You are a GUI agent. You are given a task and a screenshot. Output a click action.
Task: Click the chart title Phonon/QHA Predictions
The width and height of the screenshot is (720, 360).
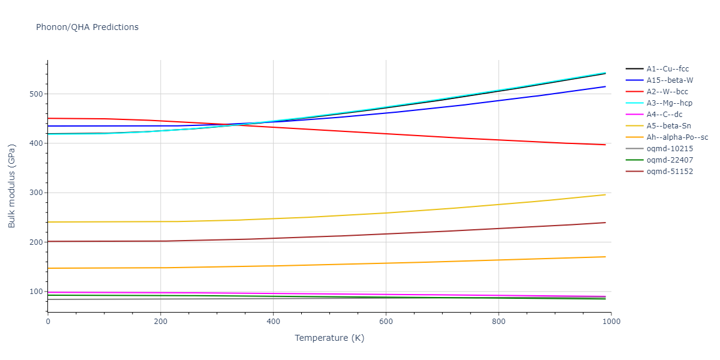tap(87, 27)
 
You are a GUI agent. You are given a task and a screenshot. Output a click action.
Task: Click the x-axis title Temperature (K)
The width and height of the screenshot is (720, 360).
tap(329, 338)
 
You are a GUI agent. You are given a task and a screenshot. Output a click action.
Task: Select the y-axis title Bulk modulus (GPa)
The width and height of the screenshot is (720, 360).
tap(12, 185)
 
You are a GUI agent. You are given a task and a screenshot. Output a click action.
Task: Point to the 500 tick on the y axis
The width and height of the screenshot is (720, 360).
tap(35, 94)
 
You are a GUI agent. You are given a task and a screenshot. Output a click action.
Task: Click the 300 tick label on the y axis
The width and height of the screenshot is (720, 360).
tap(35, 193)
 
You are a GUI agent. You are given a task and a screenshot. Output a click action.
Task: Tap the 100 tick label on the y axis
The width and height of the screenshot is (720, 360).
tap(35, 292)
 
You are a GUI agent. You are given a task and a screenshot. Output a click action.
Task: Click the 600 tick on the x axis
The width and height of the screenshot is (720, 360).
tap(386, 322)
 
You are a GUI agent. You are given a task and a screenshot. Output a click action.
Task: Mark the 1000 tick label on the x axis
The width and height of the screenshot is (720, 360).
tap(611, 322)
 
